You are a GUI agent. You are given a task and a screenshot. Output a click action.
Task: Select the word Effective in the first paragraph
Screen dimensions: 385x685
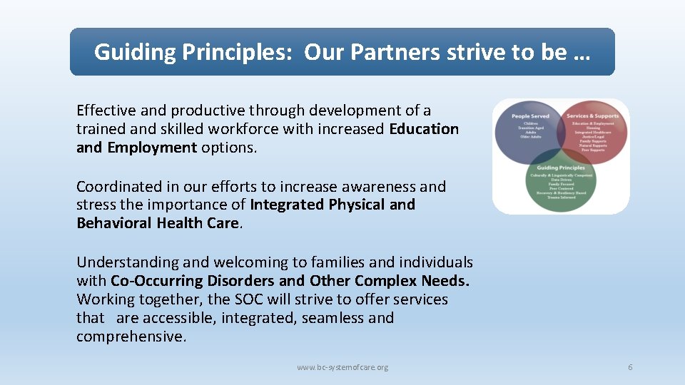(x=106, y=111)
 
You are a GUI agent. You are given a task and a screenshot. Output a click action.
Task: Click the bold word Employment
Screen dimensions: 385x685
(x=152, y=148)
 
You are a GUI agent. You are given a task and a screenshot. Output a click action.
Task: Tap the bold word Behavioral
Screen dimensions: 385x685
(x=114, y=223)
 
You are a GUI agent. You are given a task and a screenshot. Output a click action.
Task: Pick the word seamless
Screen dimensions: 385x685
(x=331, y=318)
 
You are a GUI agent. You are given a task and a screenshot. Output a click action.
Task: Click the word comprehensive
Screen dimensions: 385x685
(x=131, y=337)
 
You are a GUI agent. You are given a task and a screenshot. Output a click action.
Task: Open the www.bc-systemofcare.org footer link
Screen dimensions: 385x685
(x=342, y=367)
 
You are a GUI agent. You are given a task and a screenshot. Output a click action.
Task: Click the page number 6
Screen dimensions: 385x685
(x=630, y=367)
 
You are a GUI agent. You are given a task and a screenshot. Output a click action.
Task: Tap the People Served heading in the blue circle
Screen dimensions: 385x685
(x=529, y=115)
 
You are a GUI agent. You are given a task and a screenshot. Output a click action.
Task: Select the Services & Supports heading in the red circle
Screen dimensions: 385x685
(x=592, y=115)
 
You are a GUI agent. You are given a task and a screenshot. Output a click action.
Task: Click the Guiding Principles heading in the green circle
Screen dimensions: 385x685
(x=561, y=168)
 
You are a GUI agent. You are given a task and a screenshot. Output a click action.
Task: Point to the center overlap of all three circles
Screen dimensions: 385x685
(x=561, y=152)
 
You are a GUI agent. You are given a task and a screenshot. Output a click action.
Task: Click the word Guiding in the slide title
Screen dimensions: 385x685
(x=135, y=52)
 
